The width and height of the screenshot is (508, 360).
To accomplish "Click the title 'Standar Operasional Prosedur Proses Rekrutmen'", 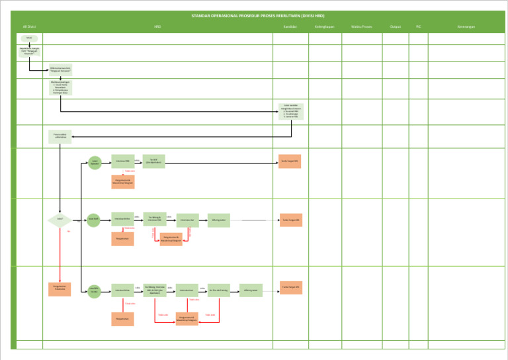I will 258,16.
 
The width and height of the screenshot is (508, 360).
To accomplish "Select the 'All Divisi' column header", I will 28,27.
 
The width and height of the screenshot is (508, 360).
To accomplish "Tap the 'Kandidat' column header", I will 290,27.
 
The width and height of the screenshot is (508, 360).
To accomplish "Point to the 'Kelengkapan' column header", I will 324,27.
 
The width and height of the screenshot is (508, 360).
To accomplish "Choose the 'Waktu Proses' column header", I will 361,27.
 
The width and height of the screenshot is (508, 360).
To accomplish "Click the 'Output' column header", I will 396,27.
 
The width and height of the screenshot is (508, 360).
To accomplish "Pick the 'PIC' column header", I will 418,27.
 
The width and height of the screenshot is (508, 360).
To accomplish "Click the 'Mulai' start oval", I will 29,38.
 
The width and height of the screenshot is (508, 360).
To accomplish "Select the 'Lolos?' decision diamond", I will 60,220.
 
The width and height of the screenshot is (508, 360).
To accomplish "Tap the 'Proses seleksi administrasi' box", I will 60,138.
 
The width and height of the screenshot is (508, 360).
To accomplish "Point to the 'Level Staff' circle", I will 93,220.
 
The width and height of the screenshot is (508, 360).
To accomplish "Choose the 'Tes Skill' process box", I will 153,161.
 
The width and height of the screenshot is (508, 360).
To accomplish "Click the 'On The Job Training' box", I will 219,291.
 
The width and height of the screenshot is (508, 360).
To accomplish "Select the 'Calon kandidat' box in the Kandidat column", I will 291,111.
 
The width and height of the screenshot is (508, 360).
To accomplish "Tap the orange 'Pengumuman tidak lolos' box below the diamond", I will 60,289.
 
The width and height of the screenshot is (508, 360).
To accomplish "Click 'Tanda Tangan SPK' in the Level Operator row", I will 290,161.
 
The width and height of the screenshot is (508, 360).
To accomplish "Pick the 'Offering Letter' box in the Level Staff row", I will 219,220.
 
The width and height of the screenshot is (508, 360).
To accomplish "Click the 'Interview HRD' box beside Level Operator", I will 123,161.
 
